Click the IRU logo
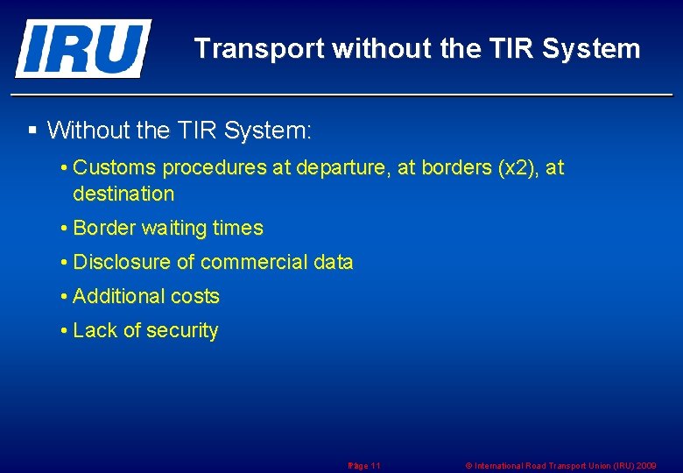(x=82, y=48)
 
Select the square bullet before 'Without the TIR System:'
(x=32, y=131)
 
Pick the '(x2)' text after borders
(x=517, y=167)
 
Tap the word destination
(x=123, y=194)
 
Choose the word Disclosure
(x=123, y=262)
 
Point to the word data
(x=334, y=262)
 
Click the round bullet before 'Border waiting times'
(x=65, y=229)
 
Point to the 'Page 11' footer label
(x=364, y=466)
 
